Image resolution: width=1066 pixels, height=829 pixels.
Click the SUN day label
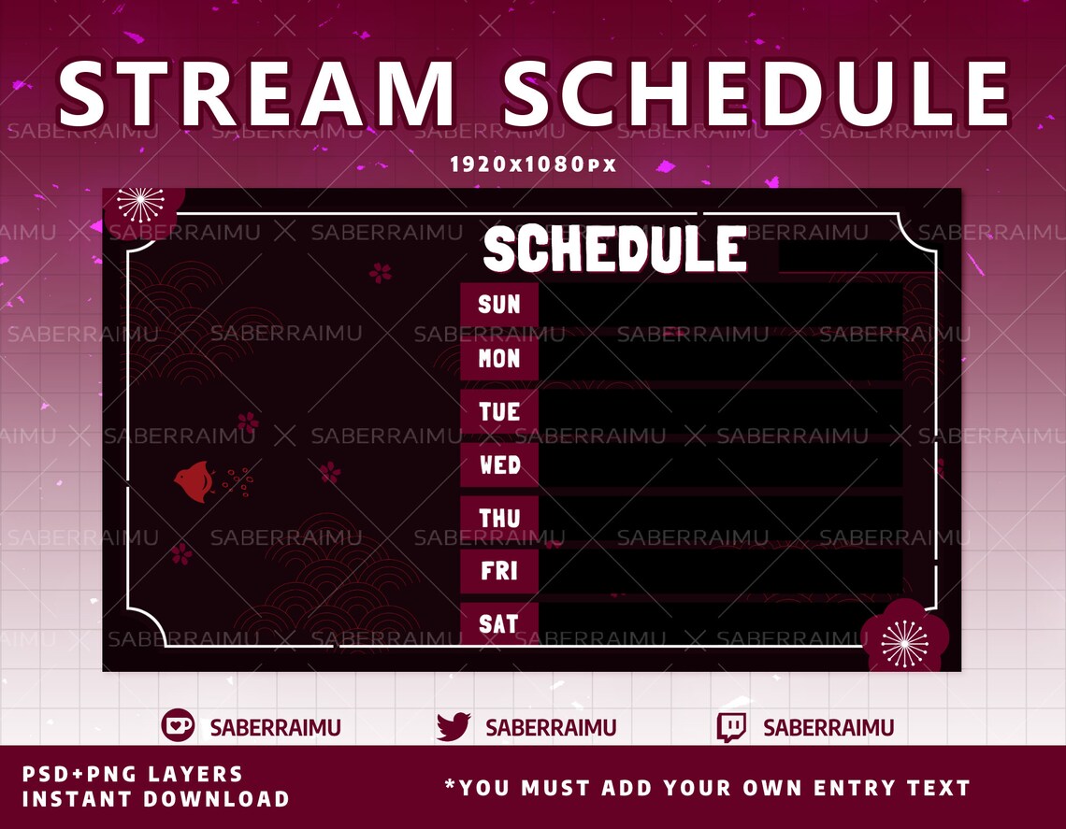coord(499,304)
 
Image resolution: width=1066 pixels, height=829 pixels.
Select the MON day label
coord(499,358)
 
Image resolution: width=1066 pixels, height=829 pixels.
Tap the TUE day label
coord(499,411)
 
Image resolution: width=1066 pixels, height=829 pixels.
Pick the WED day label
coord(499,465)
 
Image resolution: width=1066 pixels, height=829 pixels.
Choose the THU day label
coord(499,518)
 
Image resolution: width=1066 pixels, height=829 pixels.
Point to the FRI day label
coord(499,571)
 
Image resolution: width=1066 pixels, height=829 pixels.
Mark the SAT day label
coord(499,623)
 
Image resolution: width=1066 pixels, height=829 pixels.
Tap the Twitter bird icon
coord(454,726)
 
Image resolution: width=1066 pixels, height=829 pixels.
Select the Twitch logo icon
coord(731,727)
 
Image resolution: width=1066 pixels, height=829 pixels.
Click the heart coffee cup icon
coord(178,726)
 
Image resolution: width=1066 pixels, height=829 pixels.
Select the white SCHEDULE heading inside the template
coord(614,250)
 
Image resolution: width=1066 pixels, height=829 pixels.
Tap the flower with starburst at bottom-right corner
coord(904,640)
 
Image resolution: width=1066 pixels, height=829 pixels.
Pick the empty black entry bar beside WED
coord(720,465)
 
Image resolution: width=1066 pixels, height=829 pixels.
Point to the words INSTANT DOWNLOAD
coord(155,799)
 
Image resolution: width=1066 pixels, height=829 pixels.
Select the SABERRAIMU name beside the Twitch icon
coord(828,727)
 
